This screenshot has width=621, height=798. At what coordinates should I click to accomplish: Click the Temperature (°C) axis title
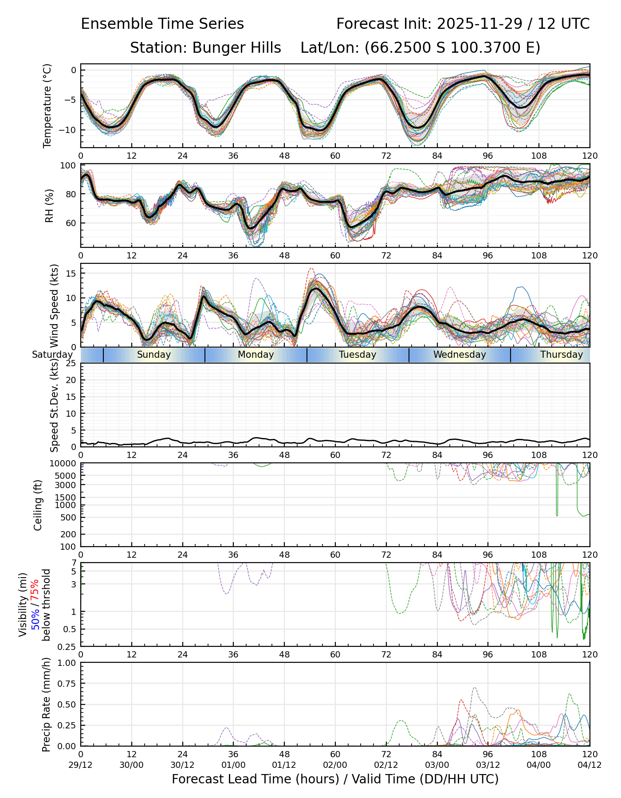(x=47, y=106)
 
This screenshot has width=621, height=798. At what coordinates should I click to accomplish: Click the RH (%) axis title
(x=49, y=206)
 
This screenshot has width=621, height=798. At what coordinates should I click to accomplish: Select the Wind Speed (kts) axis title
(x=54, y=305)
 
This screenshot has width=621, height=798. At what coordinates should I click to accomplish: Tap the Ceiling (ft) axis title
(x=38, y=505)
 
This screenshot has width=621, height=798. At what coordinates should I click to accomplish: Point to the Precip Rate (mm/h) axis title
(x=46, y=704)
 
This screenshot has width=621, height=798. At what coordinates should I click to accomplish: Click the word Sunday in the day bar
(x=154, y=355)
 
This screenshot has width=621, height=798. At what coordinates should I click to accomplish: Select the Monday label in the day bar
(x=255, y=355)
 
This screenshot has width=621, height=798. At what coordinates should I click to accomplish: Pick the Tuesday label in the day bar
(x=358, y=355)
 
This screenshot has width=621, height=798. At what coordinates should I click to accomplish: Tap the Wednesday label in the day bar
(x=460, y=355)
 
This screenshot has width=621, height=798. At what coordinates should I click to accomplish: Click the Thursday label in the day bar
(x=561, y=355)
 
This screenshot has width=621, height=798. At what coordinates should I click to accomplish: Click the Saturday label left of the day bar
(x=52, y=355)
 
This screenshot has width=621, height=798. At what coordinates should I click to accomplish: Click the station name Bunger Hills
(x=236, y=48)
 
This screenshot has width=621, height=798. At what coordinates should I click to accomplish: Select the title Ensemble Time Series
(x=162, y=24)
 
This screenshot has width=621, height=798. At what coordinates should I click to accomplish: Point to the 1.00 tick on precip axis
(x=67, y=663)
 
